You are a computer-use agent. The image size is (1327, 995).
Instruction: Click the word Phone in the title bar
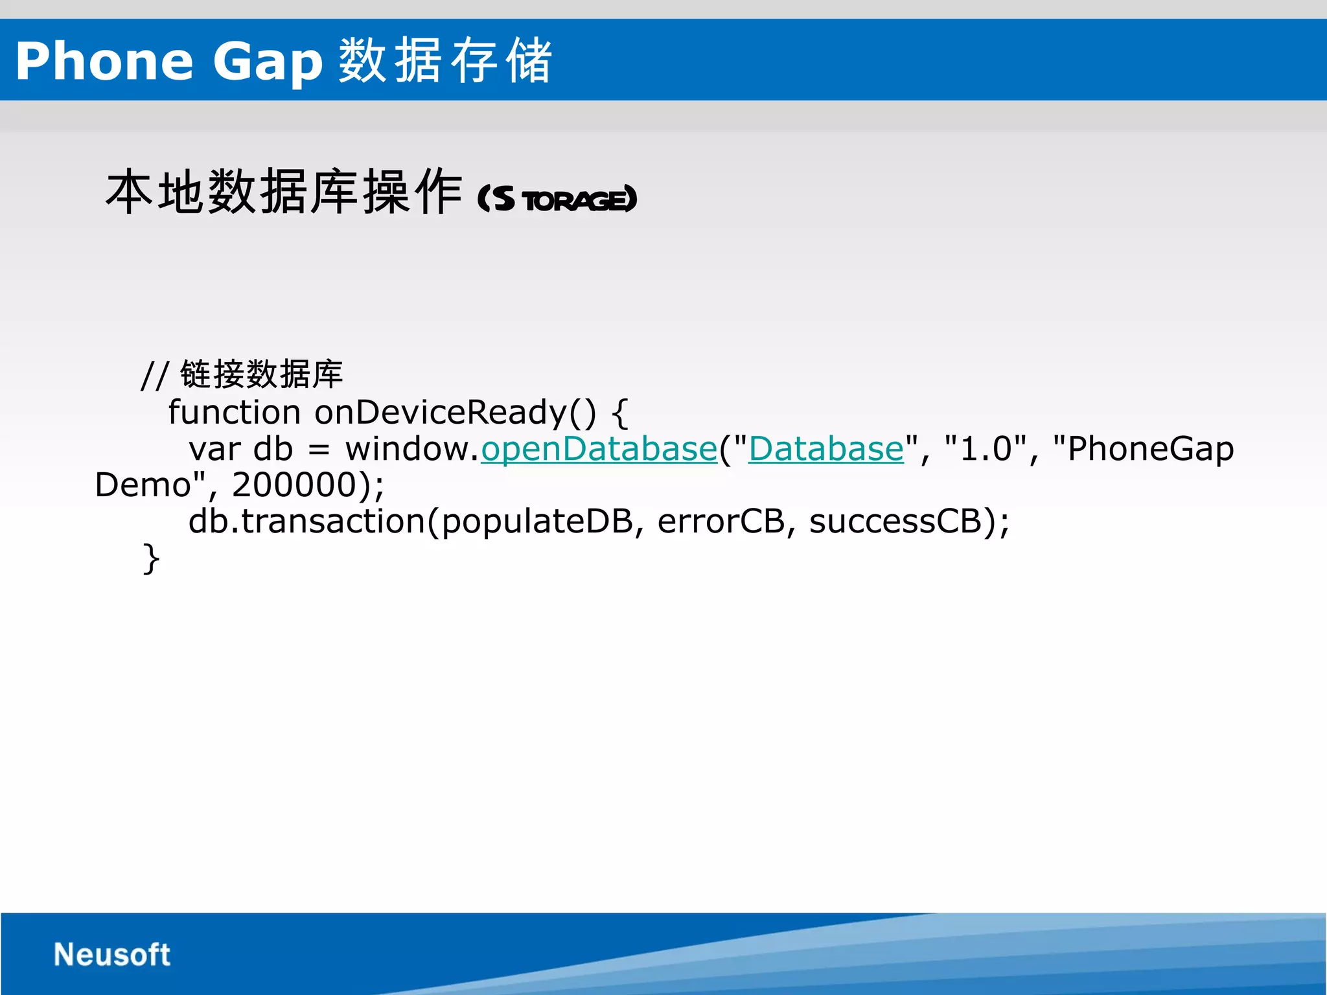104,62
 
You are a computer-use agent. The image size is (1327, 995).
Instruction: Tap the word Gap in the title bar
267,62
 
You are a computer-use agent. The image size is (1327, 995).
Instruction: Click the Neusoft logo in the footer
111,954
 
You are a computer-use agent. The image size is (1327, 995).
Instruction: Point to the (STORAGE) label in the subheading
557,199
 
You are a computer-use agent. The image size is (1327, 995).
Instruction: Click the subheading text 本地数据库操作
284,192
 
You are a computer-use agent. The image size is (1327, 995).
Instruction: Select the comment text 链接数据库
261,374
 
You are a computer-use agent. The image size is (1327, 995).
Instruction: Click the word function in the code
234,412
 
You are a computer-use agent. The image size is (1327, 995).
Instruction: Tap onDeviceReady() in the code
455,412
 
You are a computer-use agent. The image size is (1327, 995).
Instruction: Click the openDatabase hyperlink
599,449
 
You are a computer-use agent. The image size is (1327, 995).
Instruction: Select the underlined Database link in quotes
825,449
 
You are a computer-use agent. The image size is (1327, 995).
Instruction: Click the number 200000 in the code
294,485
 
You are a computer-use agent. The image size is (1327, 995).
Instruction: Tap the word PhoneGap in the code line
1150,449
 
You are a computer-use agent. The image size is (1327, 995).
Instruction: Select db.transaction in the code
306,521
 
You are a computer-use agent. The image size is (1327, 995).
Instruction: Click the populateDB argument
537,521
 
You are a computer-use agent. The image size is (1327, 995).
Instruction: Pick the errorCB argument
721,521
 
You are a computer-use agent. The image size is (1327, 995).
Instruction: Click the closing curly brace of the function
150,558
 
